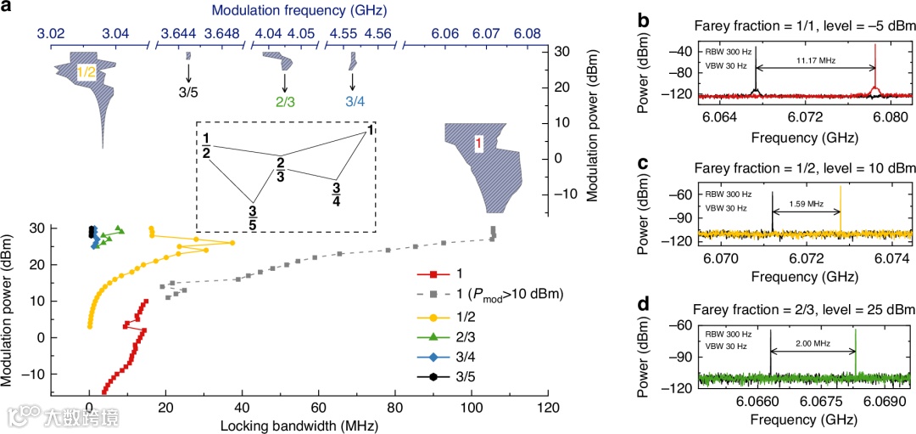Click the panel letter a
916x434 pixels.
pos(8,10)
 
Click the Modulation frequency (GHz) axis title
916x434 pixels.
pos(288,11)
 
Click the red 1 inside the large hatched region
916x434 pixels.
pos(478,145)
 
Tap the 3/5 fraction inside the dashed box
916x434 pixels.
pos(253,217)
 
